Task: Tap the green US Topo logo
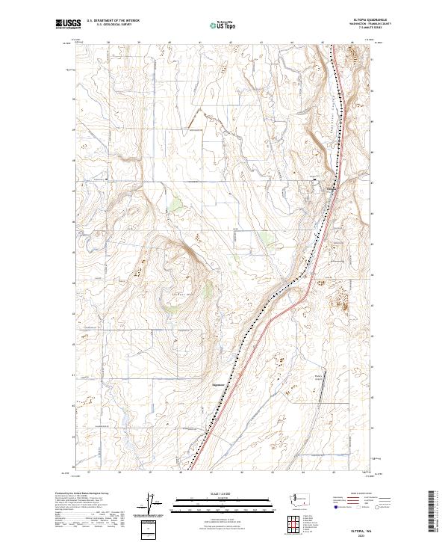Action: pos(222,25)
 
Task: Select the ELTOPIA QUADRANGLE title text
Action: pos(372,20)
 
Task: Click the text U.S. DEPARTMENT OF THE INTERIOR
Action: pos(113,21)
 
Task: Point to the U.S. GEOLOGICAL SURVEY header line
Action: pos(113,25)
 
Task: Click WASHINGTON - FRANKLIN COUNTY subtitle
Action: pos(371,25)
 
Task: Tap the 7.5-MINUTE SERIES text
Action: pos(371,29)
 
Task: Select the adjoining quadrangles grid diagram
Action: pos(288,526)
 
